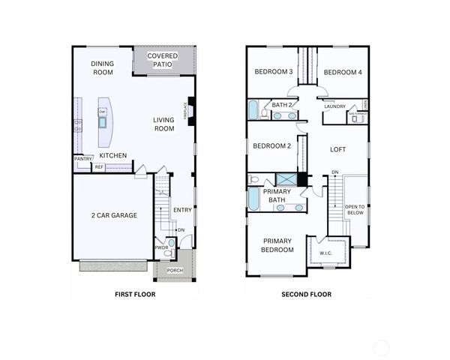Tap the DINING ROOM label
pyautogui.click(x=103, y=68)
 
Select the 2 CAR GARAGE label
pyautogui.click(x=114, y=215)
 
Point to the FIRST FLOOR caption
pyautogui.click(x=134, y=295)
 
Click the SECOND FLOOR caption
pyautogui.click(x=306, y=295)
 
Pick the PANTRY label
pyautogui.click(x=82, y=159)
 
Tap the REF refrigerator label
pyautogui.click(x=99, y=167)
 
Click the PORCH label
pyautogui.click(x=175, y=271)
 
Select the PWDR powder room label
pyautogui.click(x=161, y=247)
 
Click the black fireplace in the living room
pyautogui.click(x=192, y=109)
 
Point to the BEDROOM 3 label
pyautogui.click(x=273, y=72)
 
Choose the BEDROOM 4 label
pyautogui.click(x=343, y=72)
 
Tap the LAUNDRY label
pyautogui.click(x=335, y=106)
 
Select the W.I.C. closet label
pyautogui.click(x=326, y=252)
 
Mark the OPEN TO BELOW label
pyautogui.click(x=355, y=209)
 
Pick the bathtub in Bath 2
pyautogui.click(x=253, y=110)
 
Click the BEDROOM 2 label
pyautogui.click(x=271, y=145)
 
